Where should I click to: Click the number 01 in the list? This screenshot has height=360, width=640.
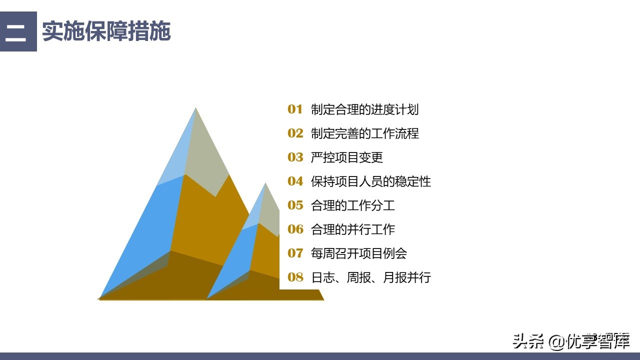click(295, 109)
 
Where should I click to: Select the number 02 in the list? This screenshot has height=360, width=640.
click(295, 133)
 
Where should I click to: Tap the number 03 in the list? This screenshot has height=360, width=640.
click(295, 157)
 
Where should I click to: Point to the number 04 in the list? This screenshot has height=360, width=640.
click(295, 181)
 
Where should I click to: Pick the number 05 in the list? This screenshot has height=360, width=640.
click(295, 205)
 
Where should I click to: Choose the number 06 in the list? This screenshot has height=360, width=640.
click(295, 229)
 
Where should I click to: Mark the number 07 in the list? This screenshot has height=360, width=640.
click(295, 253)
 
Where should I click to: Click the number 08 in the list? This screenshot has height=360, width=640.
click(295, 277)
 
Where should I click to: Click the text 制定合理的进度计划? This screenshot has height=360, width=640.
click(364, 109)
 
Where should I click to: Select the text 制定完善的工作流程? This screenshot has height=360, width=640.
click(364, 133)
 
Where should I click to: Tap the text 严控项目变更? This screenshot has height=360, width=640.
click(346, 157)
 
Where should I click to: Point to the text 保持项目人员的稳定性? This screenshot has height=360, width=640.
click(370, 181)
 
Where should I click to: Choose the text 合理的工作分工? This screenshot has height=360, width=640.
click(352, 205)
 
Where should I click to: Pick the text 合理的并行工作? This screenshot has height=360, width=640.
click(352, 229)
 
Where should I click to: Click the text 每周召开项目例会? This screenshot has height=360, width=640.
click(358, 253)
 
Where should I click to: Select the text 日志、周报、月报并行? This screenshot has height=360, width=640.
click(370, 277)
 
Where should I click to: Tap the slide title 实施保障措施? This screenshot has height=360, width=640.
click(106, 31)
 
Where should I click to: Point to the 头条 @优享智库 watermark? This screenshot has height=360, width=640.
click(570, 341)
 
